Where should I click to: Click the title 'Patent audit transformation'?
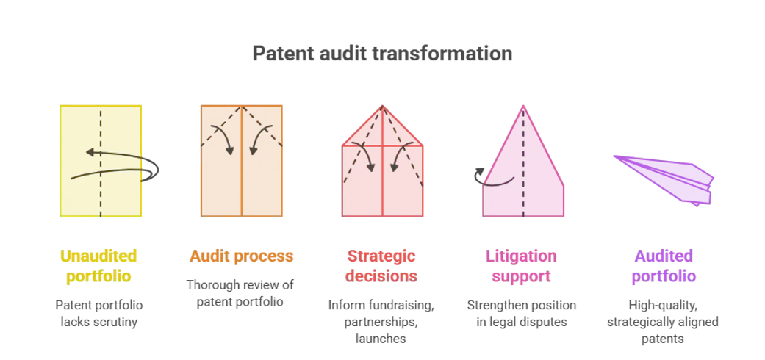coord(382,53)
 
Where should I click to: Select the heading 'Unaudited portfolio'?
coord(98,266)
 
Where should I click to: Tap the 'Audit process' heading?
coord(242,256)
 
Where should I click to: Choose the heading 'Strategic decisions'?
coord(381,266)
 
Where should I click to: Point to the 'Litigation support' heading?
coord(521,266)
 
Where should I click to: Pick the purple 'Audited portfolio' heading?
coord(664,266)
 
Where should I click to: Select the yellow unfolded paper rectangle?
coord(101,161)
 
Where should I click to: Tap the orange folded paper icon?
coord(242,161)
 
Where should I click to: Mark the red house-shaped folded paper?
coord(382,161)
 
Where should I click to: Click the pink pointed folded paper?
coord(523,161)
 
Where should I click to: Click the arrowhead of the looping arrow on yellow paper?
coord(90,152)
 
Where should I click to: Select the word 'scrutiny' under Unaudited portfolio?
coord(116,322)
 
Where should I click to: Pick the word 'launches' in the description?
coord(381,339)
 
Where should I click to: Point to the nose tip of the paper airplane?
coord(614,156)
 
